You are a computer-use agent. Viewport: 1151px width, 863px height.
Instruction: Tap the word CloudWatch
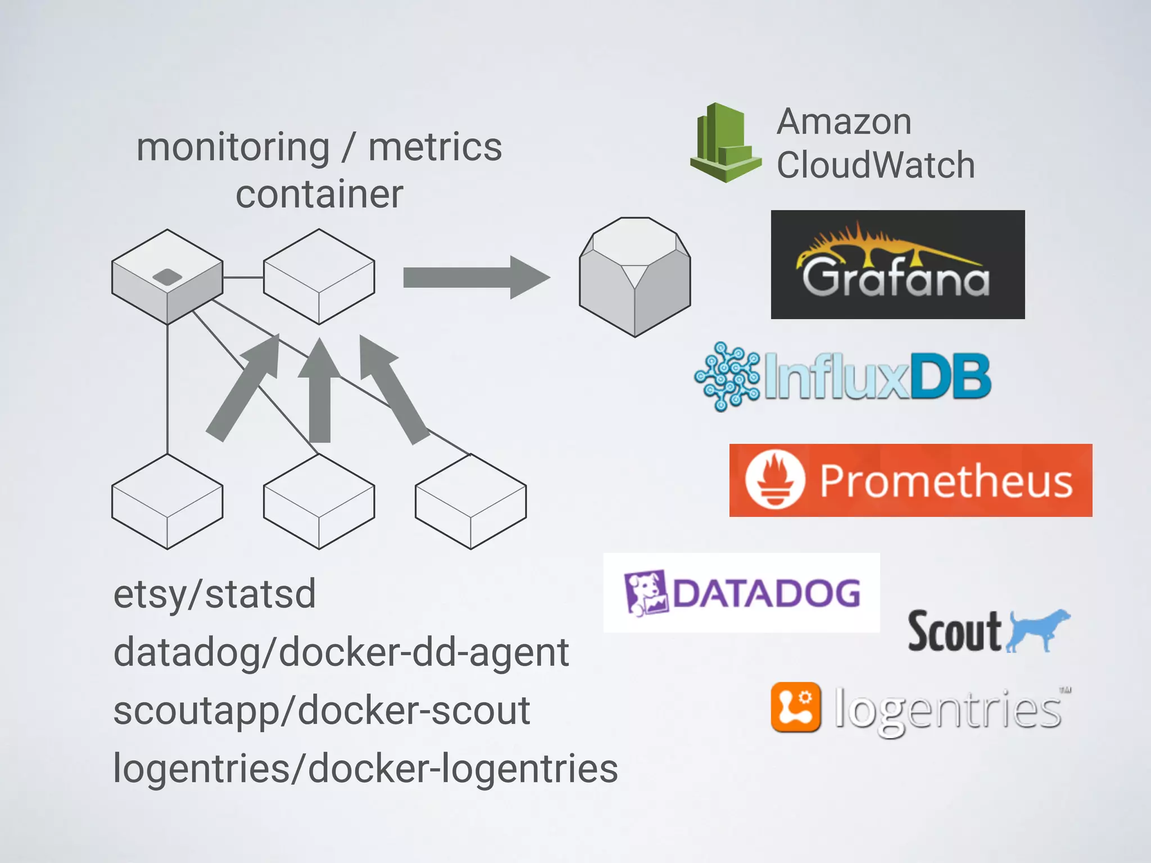click(x=875, y=165)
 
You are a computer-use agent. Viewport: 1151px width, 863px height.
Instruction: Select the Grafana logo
click(x=897, y=265)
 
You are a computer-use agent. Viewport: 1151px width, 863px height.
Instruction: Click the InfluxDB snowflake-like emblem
click(x=727, y=376)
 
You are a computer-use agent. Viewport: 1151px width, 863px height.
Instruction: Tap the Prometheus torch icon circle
click(x=774, y=480)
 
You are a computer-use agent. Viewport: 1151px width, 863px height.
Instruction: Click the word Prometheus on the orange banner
click(x=945, y=481)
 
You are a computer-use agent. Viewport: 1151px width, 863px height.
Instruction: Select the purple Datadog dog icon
click(x=645, y=593)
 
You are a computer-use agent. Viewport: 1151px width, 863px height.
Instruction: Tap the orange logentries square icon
click(x=795, y=707)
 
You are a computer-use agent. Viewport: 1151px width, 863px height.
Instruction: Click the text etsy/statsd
click(x=214, y=594)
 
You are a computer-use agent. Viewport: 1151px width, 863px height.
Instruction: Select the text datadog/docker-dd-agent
click(x=341, y=652)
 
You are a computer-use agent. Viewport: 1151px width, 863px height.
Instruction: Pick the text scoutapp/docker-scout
click(x=321, y=710)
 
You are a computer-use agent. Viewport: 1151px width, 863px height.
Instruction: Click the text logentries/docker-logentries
click(x=365, y=768)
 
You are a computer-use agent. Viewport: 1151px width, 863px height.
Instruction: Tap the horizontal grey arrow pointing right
click(x=475, y=278)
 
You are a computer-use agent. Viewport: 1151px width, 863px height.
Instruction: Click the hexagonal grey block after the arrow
click(x=635, y=278)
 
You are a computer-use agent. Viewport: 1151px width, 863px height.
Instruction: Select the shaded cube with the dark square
click(x=167, y=276)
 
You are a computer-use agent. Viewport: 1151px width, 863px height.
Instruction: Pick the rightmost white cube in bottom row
click(x=470, y=501)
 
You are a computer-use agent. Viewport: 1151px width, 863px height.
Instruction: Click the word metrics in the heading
click(x=434, y=147)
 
